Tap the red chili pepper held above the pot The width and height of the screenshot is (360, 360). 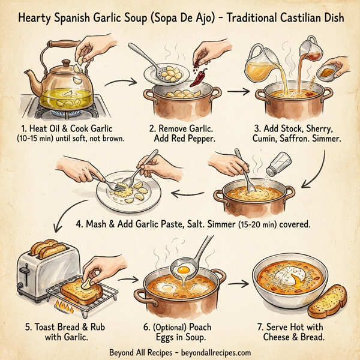coord(197,60)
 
